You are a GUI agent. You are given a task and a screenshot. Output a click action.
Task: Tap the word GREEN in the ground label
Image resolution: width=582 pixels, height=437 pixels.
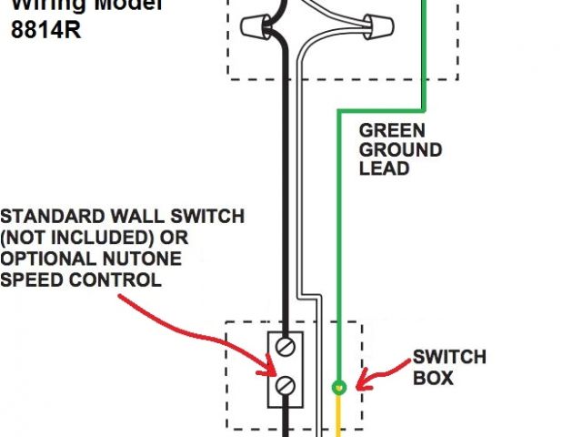392,129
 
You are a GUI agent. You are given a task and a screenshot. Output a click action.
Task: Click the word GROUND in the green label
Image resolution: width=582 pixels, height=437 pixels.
400,149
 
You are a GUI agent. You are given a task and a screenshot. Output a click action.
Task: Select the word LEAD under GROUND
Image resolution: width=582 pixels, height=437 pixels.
383,168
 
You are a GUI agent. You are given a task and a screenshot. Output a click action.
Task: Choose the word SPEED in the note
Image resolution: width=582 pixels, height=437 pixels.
33,279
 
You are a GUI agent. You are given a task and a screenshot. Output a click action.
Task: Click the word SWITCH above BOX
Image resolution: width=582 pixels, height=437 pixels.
449,356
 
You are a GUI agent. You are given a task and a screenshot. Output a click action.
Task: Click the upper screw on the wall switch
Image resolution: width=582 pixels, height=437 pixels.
286,346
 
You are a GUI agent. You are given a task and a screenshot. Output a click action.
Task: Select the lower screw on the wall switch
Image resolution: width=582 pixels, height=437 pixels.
286,385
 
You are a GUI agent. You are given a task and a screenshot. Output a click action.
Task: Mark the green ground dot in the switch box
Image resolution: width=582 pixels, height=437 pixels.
338,387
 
